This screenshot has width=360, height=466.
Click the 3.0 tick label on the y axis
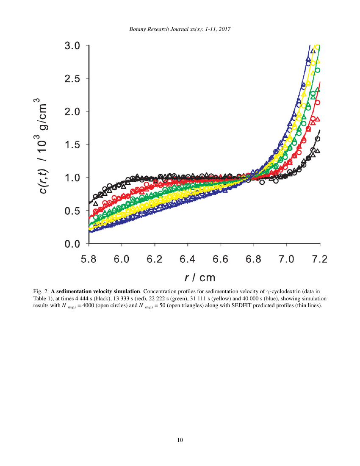[x=73, y=46]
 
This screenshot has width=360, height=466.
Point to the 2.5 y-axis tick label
[x=73, y=79]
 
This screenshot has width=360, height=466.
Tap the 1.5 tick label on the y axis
[x=73, y=145]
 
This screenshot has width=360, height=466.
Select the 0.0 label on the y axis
[x=73, y=244]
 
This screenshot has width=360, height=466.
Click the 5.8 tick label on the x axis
[x=89, y=259]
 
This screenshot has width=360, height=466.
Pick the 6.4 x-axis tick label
[x=188, y=259]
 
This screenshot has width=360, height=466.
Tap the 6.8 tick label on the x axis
[x=254, y=259]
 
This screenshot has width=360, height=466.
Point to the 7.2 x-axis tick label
[x=320, y=259]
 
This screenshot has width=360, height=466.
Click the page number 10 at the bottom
[x=180, y=440]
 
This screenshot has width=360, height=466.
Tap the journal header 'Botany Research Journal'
[x=159, y=29]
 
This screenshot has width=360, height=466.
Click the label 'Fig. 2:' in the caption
[x=41, y=291]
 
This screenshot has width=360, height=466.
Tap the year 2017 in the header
[x=224, y=29]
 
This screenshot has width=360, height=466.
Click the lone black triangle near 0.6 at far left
[x=96, y=203]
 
